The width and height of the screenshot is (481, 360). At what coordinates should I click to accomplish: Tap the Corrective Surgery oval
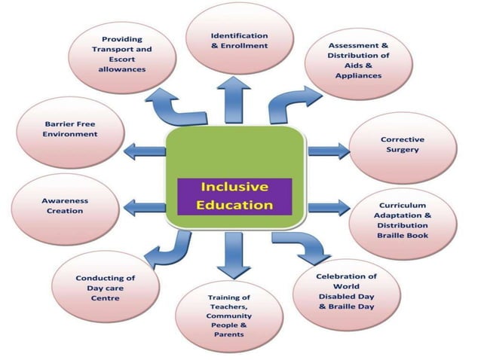pos(402,145)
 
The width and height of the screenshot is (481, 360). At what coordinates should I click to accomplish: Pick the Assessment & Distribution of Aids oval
pos(358,60)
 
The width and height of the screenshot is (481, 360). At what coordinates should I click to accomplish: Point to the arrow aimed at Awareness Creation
pos(143,206)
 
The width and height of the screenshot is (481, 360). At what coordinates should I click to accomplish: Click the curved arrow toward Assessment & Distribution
pos(290,103)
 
